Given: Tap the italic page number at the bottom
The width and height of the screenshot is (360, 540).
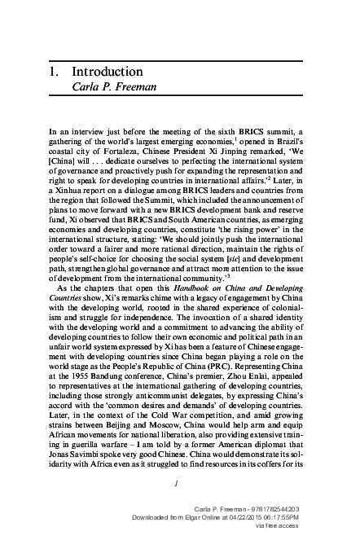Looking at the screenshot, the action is [178, 481].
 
